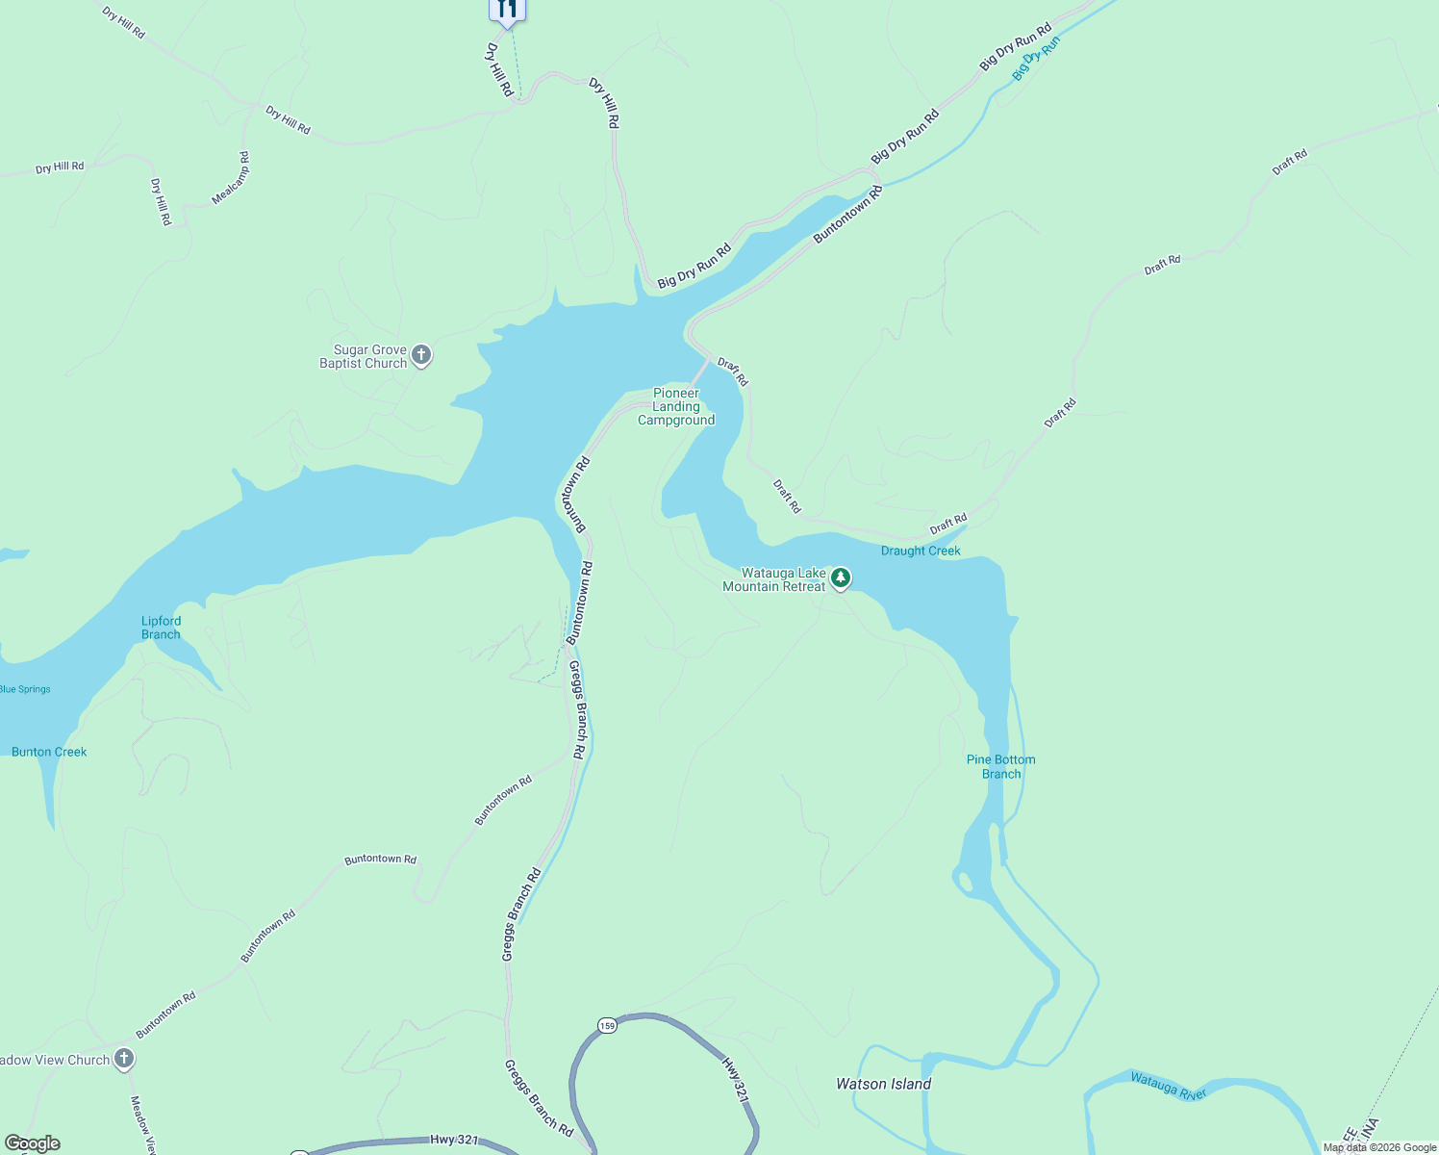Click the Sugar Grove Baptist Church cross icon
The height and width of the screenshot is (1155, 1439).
coord(421,356)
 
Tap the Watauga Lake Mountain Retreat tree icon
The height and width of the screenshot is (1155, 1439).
coord(841,578)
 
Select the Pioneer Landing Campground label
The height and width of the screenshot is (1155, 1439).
coord(676,406)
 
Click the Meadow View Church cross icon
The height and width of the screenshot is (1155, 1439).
coord(123,1059)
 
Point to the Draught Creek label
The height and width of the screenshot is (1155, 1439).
coord(921,551)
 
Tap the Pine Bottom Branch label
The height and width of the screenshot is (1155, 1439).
coord(1000,766)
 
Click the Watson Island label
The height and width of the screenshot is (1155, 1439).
coord(883,1084)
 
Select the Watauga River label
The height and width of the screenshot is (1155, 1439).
coord(1168,1086)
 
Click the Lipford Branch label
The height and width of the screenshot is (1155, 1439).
coord(161,628)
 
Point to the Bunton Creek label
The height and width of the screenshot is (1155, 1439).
coord(49,752)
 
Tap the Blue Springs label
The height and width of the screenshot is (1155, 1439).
coord(26,689)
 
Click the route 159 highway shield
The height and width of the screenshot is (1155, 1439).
coord(606,1025)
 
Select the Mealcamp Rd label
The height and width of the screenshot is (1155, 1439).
coord(231,178)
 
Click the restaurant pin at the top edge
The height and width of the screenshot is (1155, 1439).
coord(506,10)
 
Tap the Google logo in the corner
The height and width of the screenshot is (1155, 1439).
coord(33,1143)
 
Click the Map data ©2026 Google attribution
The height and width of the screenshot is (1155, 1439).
coord(1379,1147)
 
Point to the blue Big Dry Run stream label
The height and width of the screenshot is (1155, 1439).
coord(1036,59)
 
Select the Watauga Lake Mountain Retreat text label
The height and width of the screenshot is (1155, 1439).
coord(773,579)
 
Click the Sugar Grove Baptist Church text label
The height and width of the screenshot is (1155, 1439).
coord(364,356)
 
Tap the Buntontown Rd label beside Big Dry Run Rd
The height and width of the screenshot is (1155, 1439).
coord(847,215)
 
